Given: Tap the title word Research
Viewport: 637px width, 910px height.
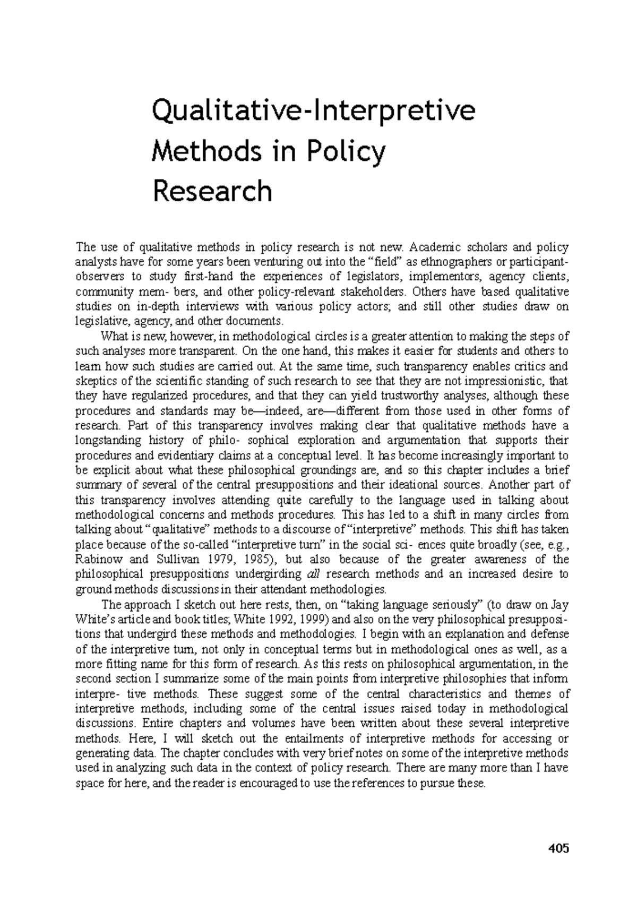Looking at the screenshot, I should pos(212,192).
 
